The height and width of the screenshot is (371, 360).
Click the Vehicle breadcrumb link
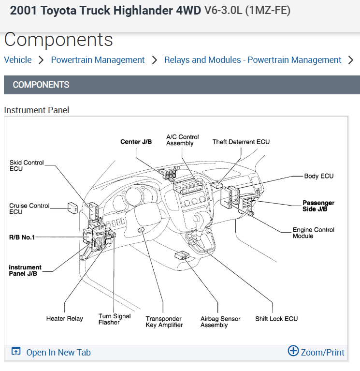(x=18, y=60)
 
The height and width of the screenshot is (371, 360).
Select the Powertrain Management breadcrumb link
(x=98, y=60)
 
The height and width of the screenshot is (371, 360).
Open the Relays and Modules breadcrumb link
(x=253, y=60)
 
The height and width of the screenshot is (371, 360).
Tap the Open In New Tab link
(x=58, y=353)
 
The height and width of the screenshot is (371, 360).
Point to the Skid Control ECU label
(x=27, y=166)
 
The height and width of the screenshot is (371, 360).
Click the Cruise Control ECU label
(x=29, y=209)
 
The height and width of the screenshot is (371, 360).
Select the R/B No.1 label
(x=22, y=237)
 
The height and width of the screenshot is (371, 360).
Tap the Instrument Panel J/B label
(x=25, y=270)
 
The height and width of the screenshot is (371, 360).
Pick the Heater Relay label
(x=64, y=319)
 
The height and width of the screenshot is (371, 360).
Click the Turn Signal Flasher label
(x=115, y=319)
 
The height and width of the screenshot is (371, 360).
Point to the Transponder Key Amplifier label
(x=164, y=322)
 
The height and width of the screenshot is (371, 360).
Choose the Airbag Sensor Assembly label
(x=220, y=322)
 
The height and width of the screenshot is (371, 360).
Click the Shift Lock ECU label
(x=276, y=319)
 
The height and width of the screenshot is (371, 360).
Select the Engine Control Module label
(x=314, y=233)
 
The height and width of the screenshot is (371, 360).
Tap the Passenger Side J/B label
(x=318, y=206)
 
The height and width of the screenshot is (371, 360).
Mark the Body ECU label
(x=319, y=176)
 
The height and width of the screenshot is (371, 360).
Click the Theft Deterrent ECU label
(x=241, y=142)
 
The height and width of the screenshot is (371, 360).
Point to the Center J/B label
(x=136, y=142)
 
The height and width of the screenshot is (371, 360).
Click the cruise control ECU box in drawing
(x=73, y=208)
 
